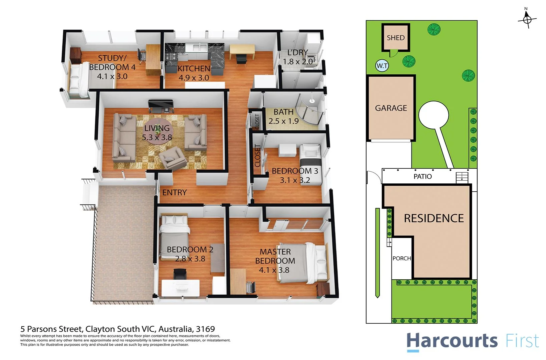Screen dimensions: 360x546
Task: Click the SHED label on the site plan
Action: click(x=396, y=38)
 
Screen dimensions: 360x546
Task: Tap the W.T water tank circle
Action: click(x=382, y=66)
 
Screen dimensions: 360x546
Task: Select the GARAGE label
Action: click(x=391, y=108)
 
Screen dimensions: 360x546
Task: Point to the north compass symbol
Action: click(x=527, y=19)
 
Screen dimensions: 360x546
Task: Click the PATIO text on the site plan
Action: click(x=423, y=176)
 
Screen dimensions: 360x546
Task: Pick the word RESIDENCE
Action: click(x=434, y=218)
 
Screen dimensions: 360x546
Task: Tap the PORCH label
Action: click(x=402, y=258)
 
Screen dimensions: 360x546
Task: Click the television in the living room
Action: click(x=161, y=106)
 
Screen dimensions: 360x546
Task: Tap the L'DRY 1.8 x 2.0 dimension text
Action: click(x=298, y=62)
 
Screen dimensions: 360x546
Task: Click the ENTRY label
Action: click(x=174, y=192)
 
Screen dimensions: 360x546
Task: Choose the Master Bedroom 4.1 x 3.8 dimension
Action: click(x=274, y=270)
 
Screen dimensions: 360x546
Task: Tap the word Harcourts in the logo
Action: click(x=452, y=341)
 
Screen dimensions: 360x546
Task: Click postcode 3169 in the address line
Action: click(x=205, y=329)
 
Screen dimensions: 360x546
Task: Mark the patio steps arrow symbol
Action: click(x=462, y=177)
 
